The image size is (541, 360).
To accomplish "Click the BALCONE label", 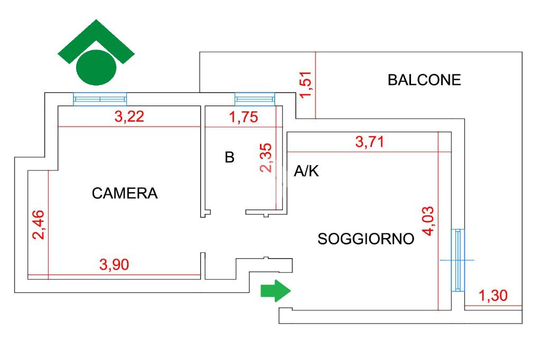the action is pyautogui.click(x=424, y=80).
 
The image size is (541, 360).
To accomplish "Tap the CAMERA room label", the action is pyautogui.click(x=125, y=193).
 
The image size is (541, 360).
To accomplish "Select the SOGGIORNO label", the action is pyautogui.click(x=366, y=239).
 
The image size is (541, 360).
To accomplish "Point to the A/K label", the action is pyautogui.click(x=306, y=171).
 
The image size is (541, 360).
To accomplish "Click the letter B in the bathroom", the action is pyautogui.click(x=229, y=157).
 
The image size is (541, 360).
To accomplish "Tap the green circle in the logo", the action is pyautogui.click(x=96, y=67).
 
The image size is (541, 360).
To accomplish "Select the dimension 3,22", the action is pyautogui.click(x=129, y=117).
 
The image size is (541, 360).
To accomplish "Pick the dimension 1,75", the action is pyautogui.click(x=244, y=117).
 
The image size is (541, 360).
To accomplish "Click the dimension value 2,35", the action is pyautogui.click(x=266, y=158).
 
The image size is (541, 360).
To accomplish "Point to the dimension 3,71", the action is pyautogui.click(x=369, y=141).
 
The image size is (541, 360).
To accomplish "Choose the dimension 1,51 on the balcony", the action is pyautogui.click(x=306, y=85).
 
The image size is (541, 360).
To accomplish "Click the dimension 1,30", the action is pyautogui.click(x=493, y=296).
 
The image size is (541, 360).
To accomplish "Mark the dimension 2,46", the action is pyautogui.click(x=38, y=224).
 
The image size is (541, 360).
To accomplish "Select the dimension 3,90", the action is pyautogui.click(x=114, y=265).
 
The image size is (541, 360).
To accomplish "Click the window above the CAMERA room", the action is pyautogui.click(x=100, y=99).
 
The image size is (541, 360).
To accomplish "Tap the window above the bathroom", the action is pyautogui.click(x=255, y=99).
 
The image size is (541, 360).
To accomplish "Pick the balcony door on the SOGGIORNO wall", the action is pyautogui.click(x=458, y=260).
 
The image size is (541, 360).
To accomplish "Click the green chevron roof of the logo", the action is pyautogui.click(x=96, y=41).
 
